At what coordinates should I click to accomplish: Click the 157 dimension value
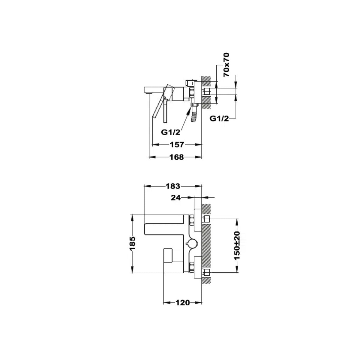click(x=177, y=145)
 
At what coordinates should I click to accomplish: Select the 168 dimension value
click(x=176, y=157)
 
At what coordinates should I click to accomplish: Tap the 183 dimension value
click(x=173, y=186)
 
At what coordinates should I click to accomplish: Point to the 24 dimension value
click(x=176, y=198)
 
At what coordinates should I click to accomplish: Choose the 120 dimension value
click(x=182, y=302)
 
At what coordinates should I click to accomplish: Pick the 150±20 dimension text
click(x=237, y=245)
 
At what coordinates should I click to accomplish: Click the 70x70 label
click(x=226, y=64)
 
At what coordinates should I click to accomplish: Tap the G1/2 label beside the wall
click(x=219, y=118)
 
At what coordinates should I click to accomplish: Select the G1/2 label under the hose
click(x=171, y=132)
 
